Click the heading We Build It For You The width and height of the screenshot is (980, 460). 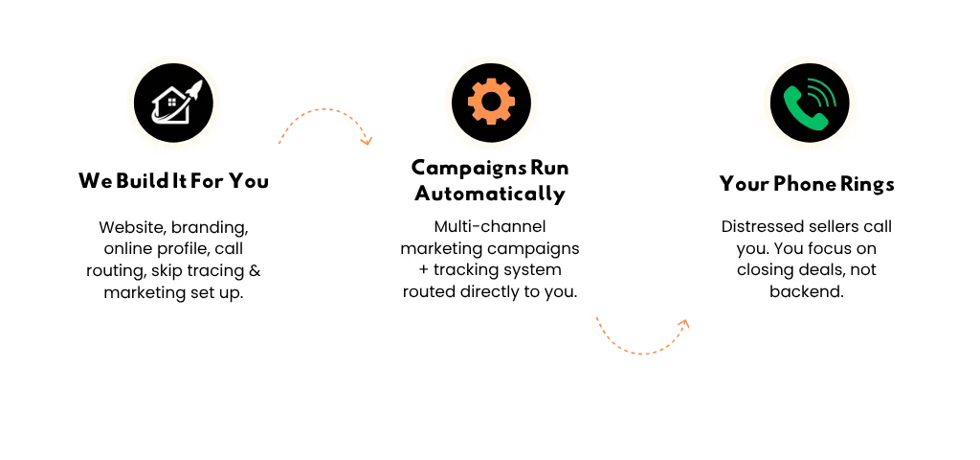[x=173, y=180]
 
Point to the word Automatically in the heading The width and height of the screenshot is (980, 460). [x=490, y=194]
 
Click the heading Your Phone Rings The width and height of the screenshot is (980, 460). [x=807, y=184]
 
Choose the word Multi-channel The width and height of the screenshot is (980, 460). [x=490, y=227]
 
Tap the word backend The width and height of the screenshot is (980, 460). [x=807, y=291]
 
